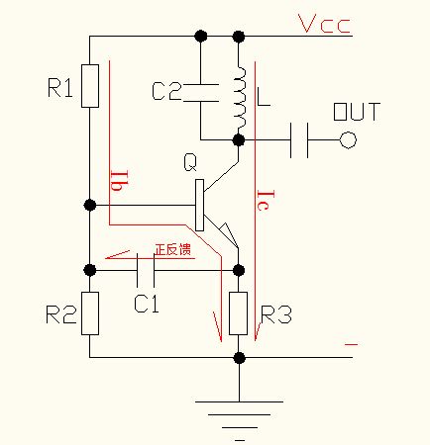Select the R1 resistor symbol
coord(90,86)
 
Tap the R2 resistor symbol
coord(90,313)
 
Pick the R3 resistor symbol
coord(238,313)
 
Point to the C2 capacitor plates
coord(200,92)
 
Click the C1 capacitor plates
coord(146,269)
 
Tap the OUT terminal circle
coord(347,141)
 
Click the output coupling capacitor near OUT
coord(302,141)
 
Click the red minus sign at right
coord(352,344)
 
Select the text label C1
coord(146,304)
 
